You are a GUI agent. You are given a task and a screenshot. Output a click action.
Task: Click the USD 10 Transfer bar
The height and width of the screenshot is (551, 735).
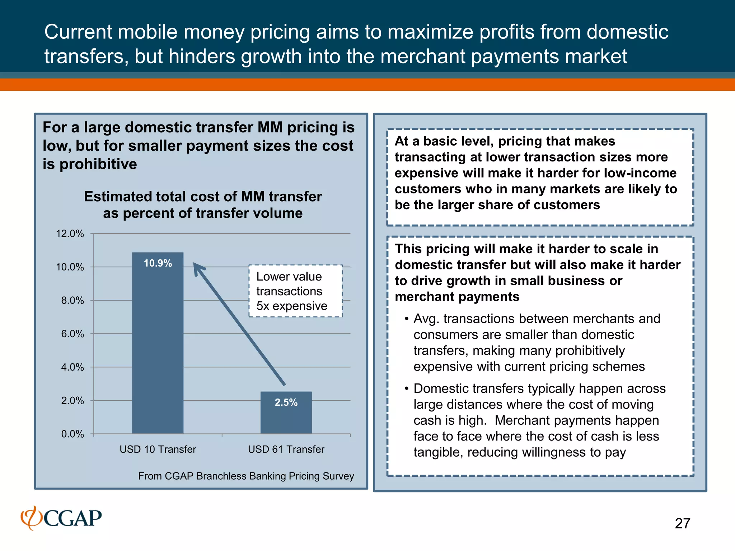(x=158, y=344)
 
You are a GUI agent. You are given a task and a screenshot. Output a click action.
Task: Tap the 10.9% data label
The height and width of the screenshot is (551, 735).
(x=158, y=263)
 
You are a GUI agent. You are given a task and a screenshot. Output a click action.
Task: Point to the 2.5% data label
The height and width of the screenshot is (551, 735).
(x=286, y=402)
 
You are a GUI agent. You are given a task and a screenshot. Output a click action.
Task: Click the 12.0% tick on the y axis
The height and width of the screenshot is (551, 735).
(x=70, y=234)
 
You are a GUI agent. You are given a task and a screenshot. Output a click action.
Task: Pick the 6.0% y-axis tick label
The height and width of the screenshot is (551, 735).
(x=72, y=334)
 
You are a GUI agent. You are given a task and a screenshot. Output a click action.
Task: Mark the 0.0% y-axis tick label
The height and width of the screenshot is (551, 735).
(x=72, y=434)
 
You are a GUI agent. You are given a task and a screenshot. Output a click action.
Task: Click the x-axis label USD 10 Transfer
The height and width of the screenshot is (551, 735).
(x=158, y=449)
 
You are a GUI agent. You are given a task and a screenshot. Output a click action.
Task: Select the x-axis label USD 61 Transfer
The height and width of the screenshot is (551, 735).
(x=286, y=449)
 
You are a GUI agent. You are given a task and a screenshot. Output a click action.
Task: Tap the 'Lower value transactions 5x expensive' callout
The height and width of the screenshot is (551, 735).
(x=295, y=291)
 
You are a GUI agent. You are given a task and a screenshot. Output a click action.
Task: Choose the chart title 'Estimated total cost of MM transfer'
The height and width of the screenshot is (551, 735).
(x=203, y=197)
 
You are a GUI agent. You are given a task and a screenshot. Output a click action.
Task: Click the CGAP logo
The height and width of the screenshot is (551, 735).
(x=61, y=518)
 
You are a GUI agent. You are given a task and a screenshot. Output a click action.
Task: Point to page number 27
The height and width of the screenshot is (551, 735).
(x=682, y=523)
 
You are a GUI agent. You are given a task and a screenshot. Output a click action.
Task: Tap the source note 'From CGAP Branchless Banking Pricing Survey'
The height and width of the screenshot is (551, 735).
(x=246, y=476)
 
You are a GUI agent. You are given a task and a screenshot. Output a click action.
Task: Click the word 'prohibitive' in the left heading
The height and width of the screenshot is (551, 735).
(x=98, y=164)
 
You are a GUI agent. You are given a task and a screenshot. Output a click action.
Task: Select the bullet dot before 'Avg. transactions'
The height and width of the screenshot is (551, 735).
(x=406, y=319)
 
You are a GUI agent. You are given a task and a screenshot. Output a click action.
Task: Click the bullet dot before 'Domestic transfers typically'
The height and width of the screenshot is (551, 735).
(x=406, y=389)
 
